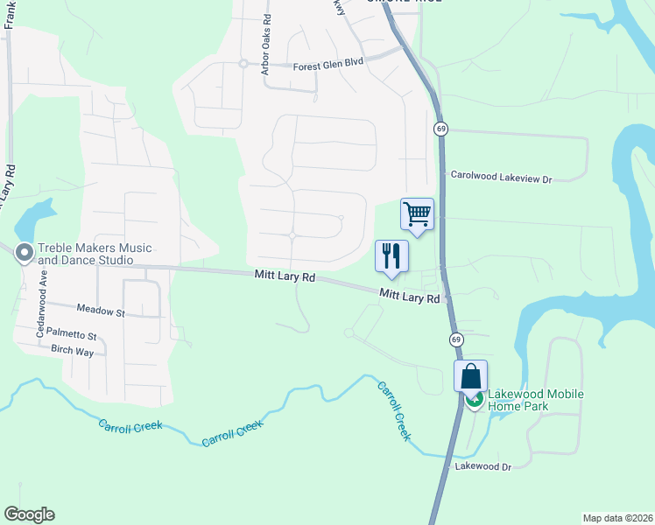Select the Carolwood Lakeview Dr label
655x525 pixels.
[x=502, y=178]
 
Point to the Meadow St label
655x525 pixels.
[x=101, y=310]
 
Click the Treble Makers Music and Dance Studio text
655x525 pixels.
[x=86, y=255]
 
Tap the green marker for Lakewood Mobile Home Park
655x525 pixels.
[x=474, y=401]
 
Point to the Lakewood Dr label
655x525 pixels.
[x=482, y=467]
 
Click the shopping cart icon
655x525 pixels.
[x=418, y=213]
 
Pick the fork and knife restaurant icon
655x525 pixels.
[x=391, y=255]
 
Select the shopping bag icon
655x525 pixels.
[x=470, y=376]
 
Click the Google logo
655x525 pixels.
[x=29, y=514]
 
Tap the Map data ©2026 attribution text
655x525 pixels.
[x=617, y=517]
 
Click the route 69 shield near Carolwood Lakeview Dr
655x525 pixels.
[x=440, y=129]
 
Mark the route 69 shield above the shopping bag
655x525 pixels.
[x=456, y=339]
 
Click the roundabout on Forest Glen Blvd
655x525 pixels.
[x=243, y=63]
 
